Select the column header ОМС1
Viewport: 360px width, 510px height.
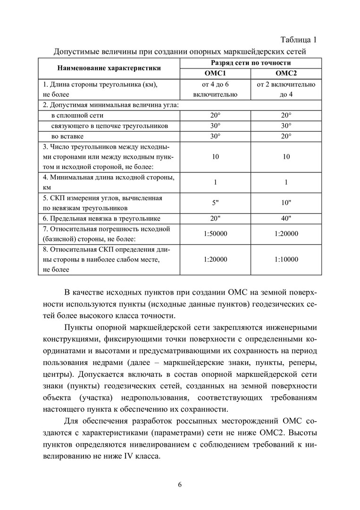(215, 73)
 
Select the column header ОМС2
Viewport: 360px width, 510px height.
(286, 73)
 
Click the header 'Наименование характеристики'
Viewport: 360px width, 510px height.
(109, 68)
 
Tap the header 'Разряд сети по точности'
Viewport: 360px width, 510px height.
(251, 63)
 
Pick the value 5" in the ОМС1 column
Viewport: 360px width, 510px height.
(215, 203)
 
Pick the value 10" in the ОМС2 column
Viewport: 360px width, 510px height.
(286, 203)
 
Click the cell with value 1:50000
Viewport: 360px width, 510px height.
(215, 234)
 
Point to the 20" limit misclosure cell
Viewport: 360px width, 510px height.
(215, 218)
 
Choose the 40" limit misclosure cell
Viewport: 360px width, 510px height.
(286, 218)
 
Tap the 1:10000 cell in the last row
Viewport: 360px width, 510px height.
(286, 259)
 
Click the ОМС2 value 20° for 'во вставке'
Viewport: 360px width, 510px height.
(286, 136)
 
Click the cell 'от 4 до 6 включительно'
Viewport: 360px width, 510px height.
(215, 89)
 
